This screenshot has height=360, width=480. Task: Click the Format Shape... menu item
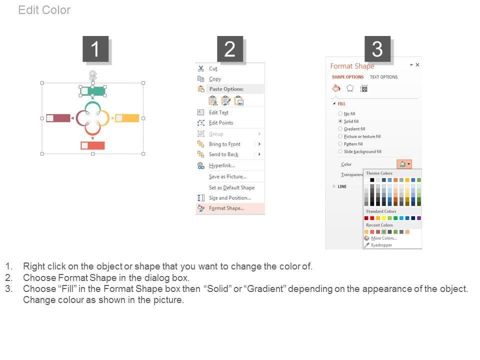(x=226, y=208)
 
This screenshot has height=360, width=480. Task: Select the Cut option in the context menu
(x=213, y=68)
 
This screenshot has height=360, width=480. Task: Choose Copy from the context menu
(x=215, y=78)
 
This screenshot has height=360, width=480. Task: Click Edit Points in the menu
(x=221, y=123)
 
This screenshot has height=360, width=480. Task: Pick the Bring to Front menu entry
(x=224, y=144)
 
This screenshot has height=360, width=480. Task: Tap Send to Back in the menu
(x=223, y=154)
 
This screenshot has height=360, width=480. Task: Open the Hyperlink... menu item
(x=222, y=165)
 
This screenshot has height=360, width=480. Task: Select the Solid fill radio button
(x=340, y=121)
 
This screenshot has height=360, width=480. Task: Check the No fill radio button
(x=340, y=113)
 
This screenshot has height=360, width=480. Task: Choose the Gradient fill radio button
(x=340, y=129)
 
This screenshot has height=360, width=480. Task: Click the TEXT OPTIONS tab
(x=383, y=77)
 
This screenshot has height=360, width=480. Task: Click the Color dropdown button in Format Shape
(x=404, y=164)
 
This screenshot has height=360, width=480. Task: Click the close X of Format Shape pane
(x=417, y=65)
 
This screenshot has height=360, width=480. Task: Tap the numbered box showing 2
(x=230, y=49)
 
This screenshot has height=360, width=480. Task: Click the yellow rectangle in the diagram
(x=127, y=118)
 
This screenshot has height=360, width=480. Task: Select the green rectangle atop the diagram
(x=93, y=91)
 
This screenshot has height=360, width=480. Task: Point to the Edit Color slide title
(x=44, y=10)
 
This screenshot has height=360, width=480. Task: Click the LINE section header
(x=342, y=186)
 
